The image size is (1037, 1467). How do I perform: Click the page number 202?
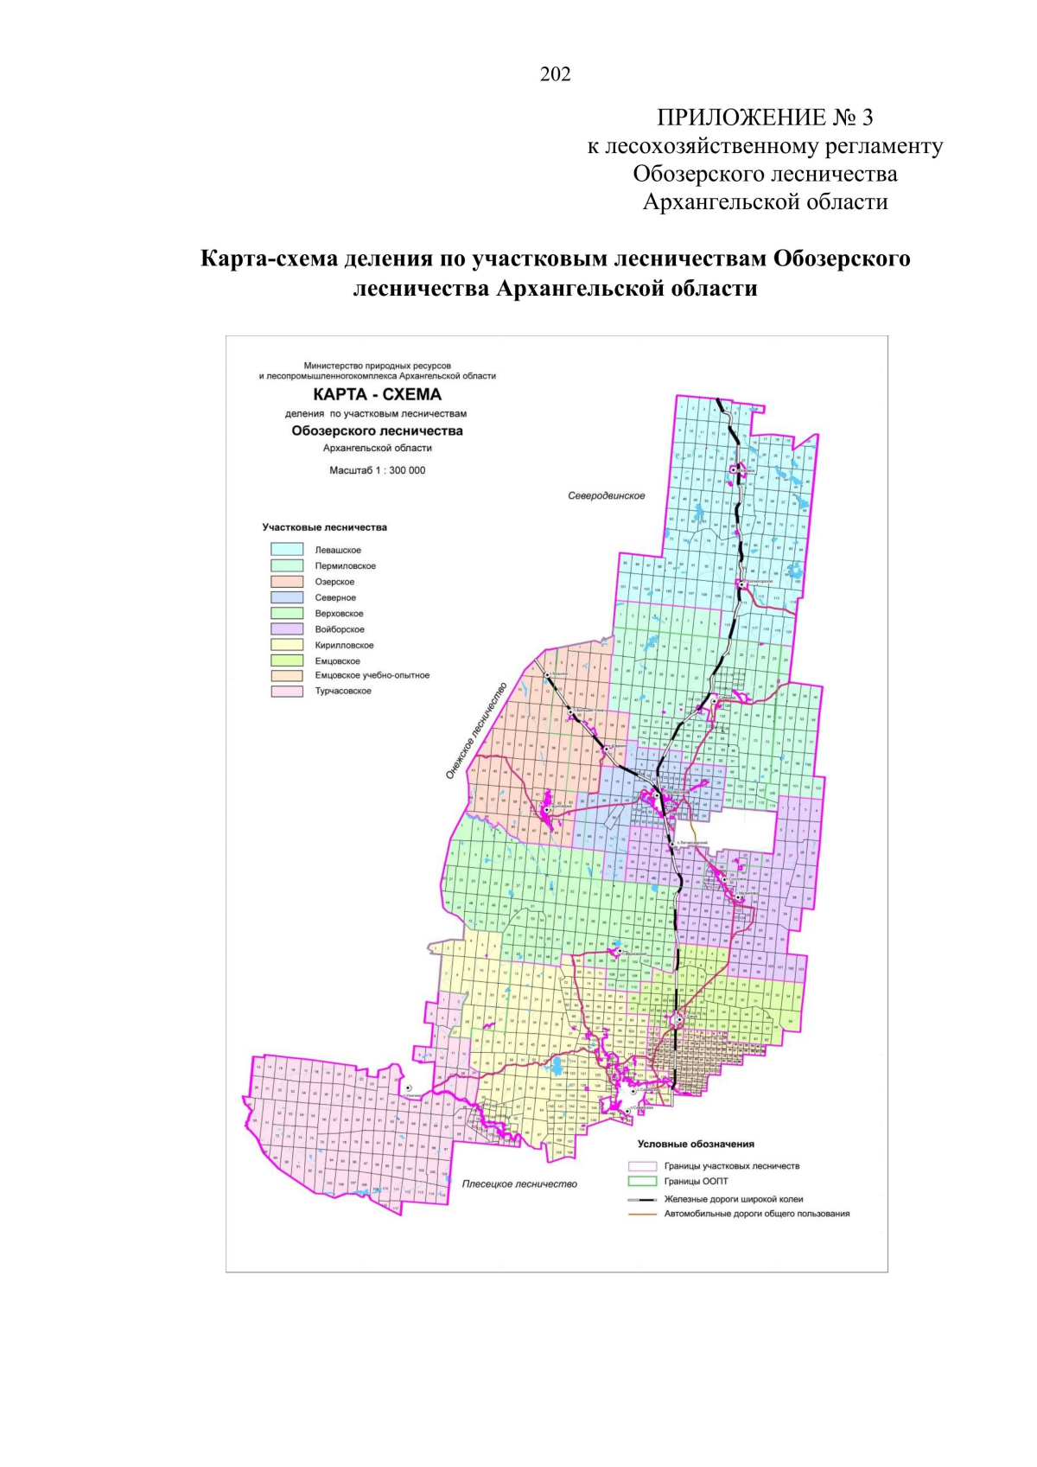555,74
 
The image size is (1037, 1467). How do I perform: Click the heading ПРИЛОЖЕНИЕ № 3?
765,118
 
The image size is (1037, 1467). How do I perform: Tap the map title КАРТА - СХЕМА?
377,395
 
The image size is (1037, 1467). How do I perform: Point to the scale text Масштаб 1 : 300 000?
377,471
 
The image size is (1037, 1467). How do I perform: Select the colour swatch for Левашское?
287,550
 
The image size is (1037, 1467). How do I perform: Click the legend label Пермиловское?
345,566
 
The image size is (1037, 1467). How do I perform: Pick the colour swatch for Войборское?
287,629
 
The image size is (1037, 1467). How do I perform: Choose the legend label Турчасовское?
343,692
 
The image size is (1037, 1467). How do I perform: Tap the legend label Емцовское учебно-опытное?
372,676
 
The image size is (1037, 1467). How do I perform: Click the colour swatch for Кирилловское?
287,645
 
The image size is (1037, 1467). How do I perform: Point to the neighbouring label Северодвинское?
607,496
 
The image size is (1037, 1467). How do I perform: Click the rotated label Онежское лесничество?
476,730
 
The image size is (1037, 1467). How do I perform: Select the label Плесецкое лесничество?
518,1184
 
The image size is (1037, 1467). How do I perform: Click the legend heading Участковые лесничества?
324,527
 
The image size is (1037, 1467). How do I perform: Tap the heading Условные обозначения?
696,1145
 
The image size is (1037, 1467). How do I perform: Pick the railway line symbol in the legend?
643,1200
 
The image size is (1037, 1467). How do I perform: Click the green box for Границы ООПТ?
643,1182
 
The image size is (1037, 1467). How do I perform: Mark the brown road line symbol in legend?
643,1215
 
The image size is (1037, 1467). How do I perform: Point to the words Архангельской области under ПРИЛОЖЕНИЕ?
765,202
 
